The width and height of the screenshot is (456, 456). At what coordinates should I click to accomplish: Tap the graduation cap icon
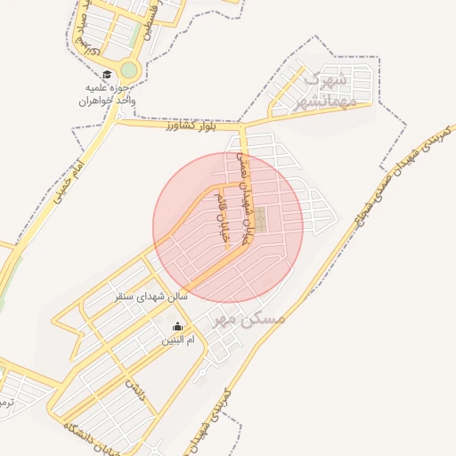coord(106,76)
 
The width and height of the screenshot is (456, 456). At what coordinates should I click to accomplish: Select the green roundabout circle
coord(130,69)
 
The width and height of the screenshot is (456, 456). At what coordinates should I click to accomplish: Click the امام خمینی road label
coord(68,169)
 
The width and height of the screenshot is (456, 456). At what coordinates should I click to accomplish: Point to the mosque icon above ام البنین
coord(176,326)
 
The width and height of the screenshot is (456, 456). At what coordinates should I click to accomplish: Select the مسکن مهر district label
coord(245,318)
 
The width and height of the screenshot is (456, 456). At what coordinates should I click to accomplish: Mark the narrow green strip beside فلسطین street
coord(135,36)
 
